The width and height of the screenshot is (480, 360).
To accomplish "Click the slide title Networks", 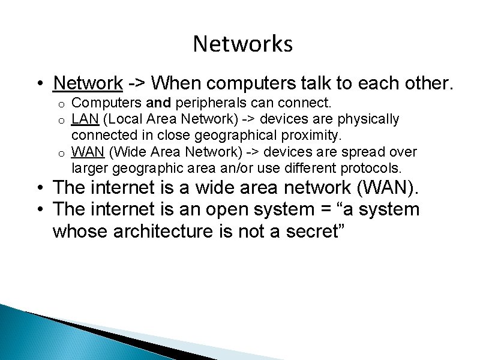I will pos(242,44).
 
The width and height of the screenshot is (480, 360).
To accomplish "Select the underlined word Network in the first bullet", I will pos(88,83).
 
